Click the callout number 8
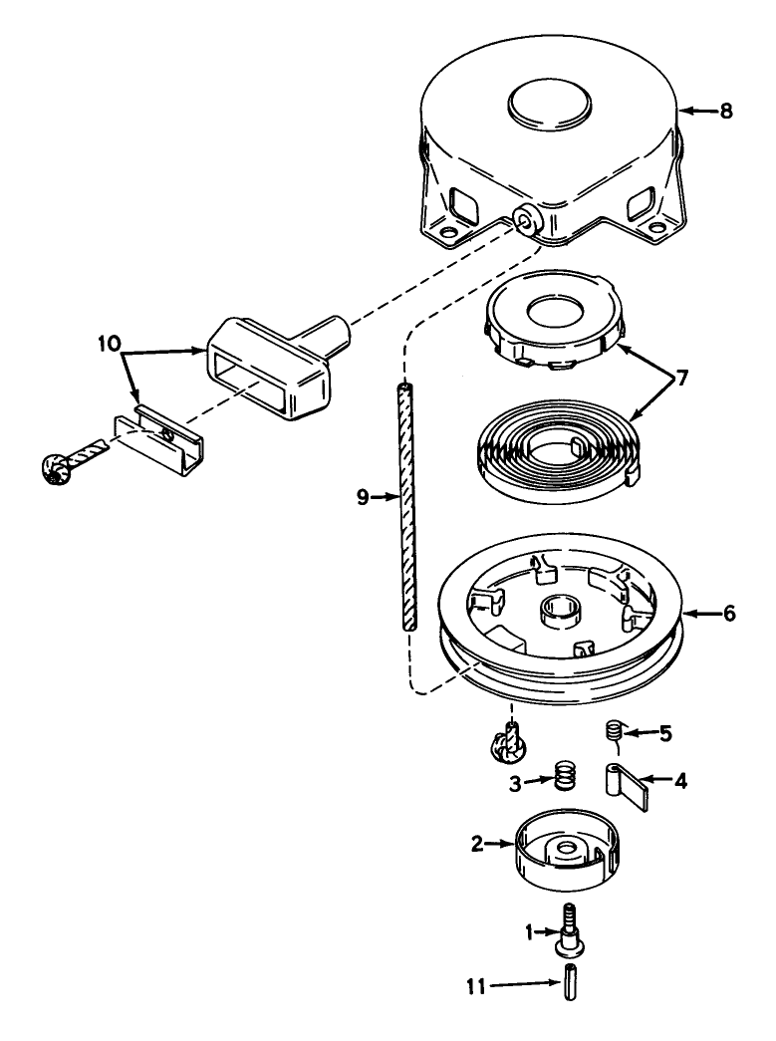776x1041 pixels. pyautogui.click(x=726, y=111)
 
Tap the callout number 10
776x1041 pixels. pyautogui.click(x=110, y=344)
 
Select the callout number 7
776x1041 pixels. pyautogui.click(x=681, y=380)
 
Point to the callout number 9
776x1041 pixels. pyautogui.click(x=363, y=497)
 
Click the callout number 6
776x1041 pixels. pyautogui.click(x=729, y=614)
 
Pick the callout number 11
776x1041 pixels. pyautogui.click(x=476, y=987)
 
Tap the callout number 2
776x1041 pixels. pyautogui.click(x=477, y=845)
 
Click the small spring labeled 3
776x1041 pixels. pyautogui.click(x=563, y=774)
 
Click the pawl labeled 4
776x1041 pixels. pyautogui.click(x=625, y=786)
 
